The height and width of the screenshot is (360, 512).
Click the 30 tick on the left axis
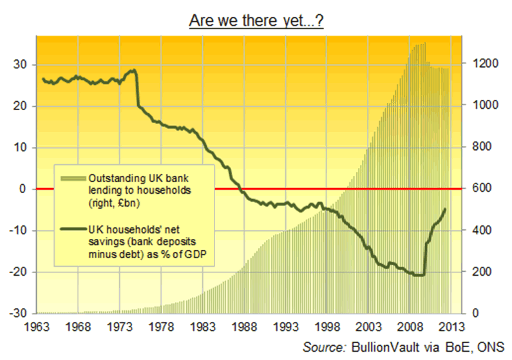click(19, 64)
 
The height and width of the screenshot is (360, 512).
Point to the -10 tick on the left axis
click(17, 231)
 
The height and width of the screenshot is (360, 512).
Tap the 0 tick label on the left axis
click(22, 189)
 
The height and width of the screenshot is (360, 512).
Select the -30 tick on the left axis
click(17, 314)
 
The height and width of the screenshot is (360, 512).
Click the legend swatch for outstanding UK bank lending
click(73, 178)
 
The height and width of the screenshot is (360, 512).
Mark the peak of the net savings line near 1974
click(134, 70)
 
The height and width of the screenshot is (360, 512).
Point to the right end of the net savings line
click(445, 209)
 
